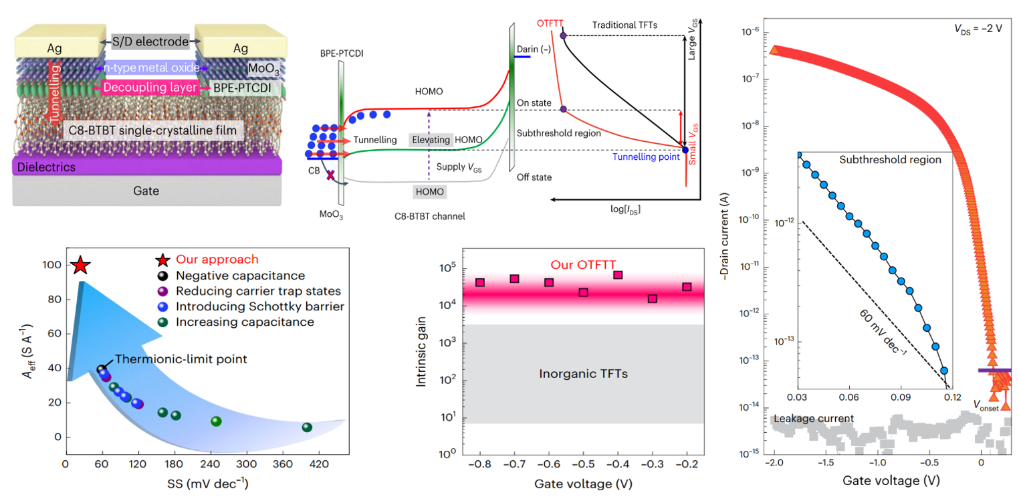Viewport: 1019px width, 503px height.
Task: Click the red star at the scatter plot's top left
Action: click(x=80, y=266)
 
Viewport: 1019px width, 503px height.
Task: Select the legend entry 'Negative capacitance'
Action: click(x=240, y=276)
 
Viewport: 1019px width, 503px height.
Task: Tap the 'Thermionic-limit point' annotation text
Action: click(x=181, y=359)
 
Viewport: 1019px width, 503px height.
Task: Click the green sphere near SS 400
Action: click(x=307, y=427)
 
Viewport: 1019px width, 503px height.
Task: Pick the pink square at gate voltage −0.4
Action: click(x=618, y=275)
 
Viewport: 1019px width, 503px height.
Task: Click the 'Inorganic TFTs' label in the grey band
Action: click(x=583, y=374)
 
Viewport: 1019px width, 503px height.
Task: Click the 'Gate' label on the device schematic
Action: click(x=146, y=191)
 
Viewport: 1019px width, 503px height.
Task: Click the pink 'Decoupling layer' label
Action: click(x=149, y=88)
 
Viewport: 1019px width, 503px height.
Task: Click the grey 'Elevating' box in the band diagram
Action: click(x=431, y=139)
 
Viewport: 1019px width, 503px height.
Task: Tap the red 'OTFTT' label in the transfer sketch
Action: click(x=549, y=23)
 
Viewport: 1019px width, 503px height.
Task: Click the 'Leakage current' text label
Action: click(x=812, y=419)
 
